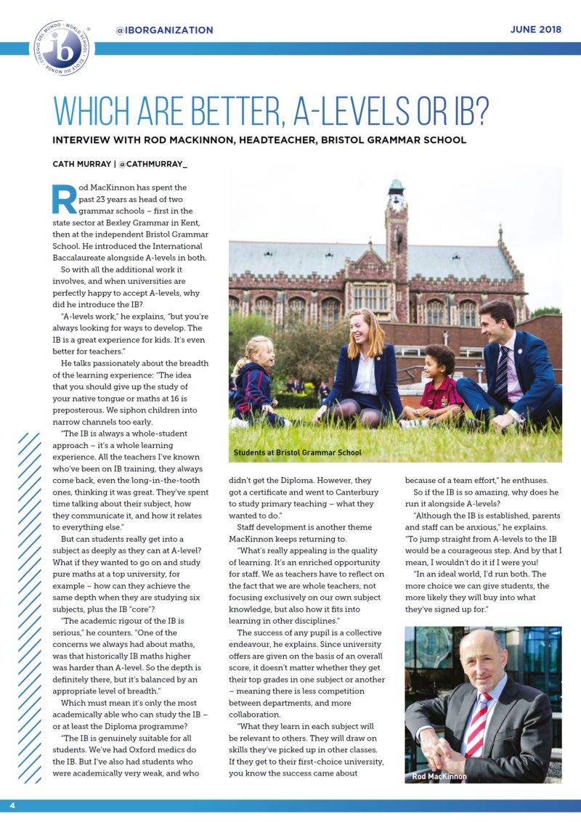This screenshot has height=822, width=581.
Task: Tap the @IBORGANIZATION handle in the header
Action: (x=164, y=30)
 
